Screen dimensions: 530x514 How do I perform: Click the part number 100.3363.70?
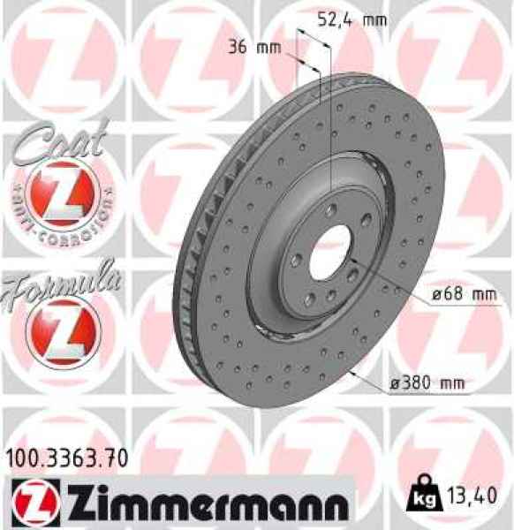66,458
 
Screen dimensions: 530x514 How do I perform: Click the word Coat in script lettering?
59,142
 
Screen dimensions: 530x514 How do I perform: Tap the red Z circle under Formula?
58,331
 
